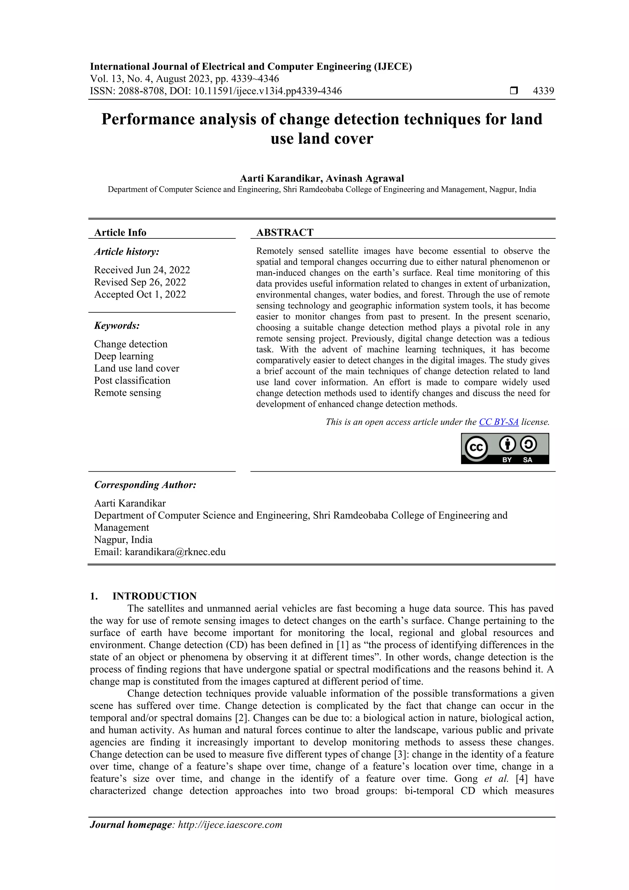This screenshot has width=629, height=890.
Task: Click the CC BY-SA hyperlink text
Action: pyautogui.click(x=498, y=422)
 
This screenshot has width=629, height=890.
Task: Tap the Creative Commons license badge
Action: pyautogui.click(x=505, y=449)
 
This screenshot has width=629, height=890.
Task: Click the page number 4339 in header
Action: pyautogui.click(x=543, y=91)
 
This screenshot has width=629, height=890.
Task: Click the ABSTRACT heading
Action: pyautogui.click(x=284, y=233)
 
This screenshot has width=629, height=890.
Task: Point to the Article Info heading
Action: pyautogui.click(x=120, y=233)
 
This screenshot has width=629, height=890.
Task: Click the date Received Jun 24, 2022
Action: pyautogui.click(x=142, y=270)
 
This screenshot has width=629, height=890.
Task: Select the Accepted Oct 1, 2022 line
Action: pyautogui.click(x=140, y=294)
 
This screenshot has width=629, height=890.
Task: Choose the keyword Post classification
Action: pyautogui.click(x=132, y=380)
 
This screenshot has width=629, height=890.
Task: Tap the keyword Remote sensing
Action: pyautogui.click(x=127, y=393)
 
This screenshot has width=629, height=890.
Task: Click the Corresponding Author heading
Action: pyautogui.click(x=145, y=485)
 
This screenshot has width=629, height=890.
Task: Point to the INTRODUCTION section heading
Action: pyautogui.click(x=154, y=596)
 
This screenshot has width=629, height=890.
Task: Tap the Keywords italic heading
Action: pyautogui.click(x=117, y=326)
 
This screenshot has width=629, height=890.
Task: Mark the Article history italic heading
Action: pyautogui.click(x=127, y=252)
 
